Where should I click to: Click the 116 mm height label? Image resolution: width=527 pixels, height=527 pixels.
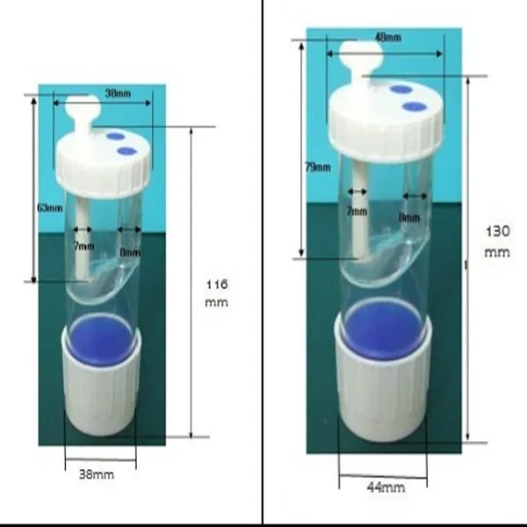[216, 292]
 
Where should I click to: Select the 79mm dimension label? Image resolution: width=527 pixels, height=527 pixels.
[318, 167]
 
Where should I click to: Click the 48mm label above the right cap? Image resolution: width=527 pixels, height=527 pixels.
[387, 38]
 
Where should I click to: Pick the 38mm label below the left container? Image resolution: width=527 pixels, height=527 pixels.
[97, 473]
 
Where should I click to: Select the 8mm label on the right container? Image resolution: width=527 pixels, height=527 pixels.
[409, 214]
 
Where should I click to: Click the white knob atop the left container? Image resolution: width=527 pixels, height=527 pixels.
[84, 109]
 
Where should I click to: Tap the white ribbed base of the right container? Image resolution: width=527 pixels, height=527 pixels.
[383, 395]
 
